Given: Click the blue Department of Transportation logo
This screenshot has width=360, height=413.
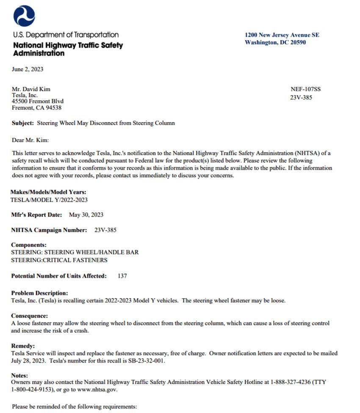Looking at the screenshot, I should (x=24, y=16).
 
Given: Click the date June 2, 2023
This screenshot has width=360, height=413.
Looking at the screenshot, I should (x=28, y=69).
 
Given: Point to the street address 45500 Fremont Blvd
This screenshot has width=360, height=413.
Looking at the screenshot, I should (x=38, y=102).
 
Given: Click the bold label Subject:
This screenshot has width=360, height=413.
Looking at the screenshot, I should (x=23, y=123).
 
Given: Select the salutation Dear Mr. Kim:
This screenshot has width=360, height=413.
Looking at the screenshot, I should (x=30, y=140).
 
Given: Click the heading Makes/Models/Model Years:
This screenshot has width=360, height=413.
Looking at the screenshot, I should (x=48, y=192).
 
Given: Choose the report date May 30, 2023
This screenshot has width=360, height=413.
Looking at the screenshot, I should (x=86, y=215).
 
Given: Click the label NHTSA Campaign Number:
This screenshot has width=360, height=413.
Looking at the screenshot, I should (x=49, y=230).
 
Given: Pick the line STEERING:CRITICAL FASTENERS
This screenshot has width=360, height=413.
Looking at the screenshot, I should (x=59, y=260).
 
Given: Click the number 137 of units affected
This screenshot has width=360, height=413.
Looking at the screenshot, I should (x=122, y=276).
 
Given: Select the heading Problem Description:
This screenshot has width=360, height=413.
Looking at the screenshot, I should (x=39, y=293).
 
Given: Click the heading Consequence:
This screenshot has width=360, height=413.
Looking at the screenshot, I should (x=29, y=316).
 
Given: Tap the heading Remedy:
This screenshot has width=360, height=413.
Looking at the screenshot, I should (x=23, y=345).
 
